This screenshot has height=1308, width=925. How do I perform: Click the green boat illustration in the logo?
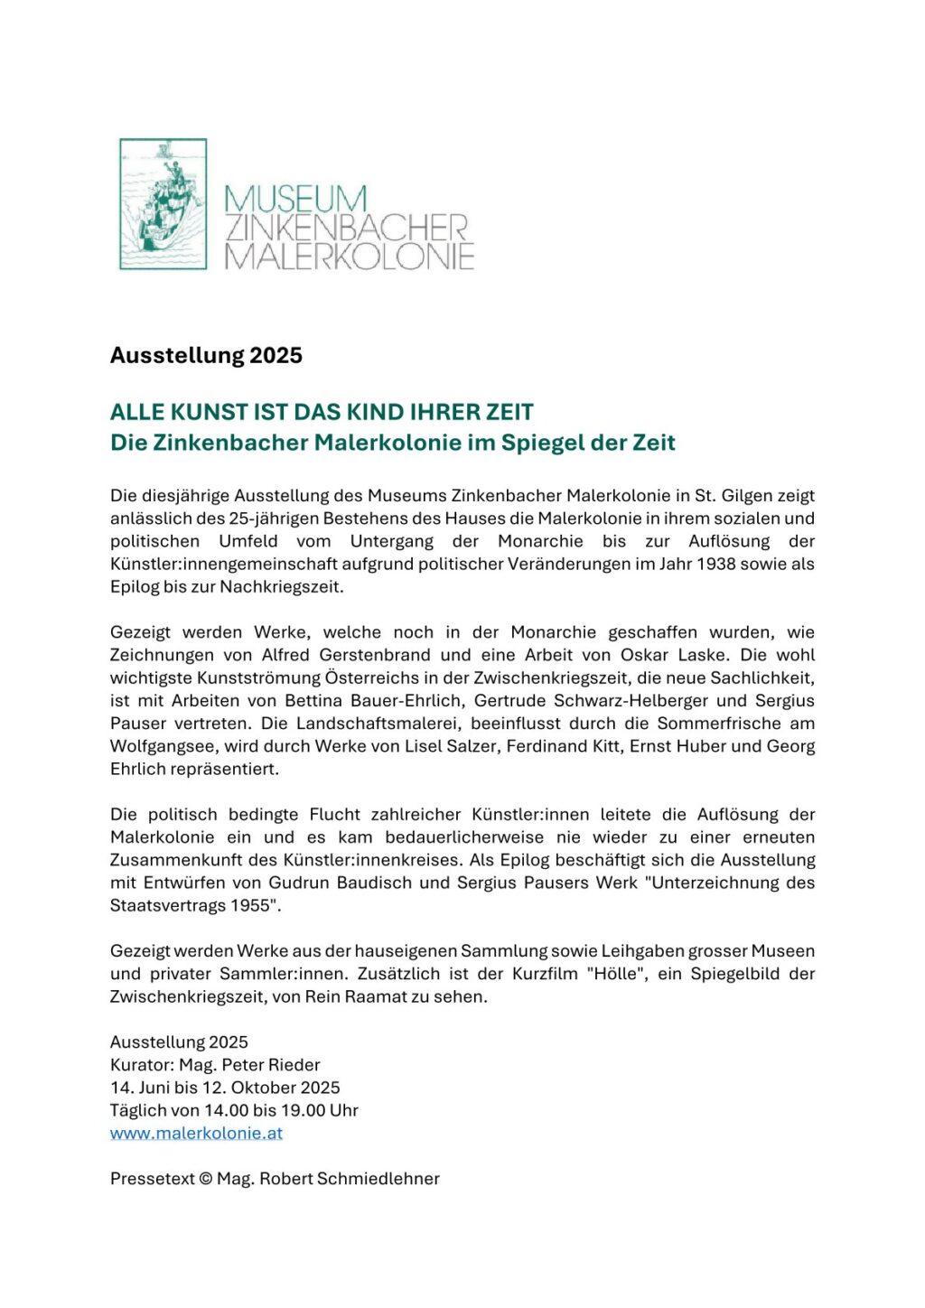[x=164, y=204]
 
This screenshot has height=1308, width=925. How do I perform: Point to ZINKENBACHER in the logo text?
[x=346, y=228]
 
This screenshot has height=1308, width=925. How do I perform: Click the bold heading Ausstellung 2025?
[x=206, y=355]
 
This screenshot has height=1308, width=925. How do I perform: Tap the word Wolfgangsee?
[x=159, y=746]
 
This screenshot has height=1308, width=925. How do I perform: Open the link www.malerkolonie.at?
[x=196, y=1133]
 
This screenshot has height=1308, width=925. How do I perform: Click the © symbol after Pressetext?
[x=205, y=1179]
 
